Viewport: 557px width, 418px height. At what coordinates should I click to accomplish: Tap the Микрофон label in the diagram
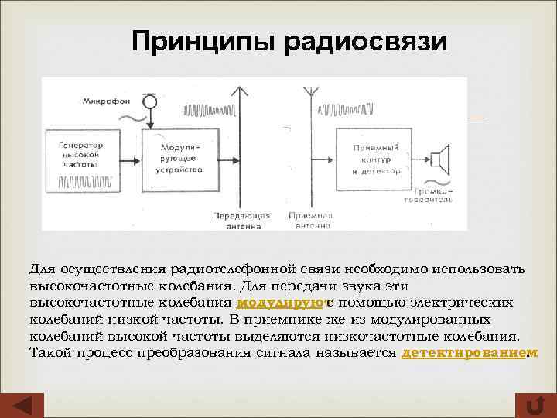coord(110,101)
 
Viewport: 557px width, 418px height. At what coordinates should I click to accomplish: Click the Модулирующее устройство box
coord(179,158)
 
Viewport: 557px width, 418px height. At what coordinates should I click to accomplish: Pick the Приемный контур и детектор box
coord(374,158)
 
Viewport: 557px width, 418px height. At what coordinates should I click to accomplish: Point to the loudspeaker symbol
coord(439,159)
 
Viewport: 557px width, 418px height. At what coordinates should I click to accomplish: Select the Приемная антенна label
coord(312,221)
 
